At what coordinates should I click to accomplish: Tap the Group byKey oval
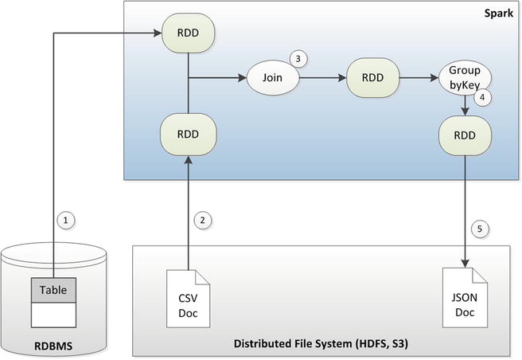pyautogui.click(x=465, y=79)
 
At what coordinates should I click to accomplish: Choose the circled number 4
pyautogui.click(x=482, y=98)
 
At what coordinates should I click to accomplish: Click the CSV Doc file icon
pyautogui.click(x=188, y=296)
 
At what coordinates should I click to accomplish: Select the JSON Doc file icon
pyautogui.click(x=465, y=296)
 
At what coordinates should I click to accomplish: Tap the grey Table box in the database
pyautogui.click(x=55, y=291)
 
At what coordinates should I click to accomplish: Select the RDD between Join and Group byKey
pyautogui.click(x=373, y=79)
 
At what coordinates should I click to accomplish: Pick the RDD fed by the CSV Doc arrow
pyautogui.click(x=188, y=134)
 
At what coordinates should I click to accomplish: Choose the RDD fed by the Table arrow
pyautogui.click(x=188, y=33)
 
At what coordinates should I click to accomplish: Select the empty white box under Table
pyautogui.click(x=55, y=315)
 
